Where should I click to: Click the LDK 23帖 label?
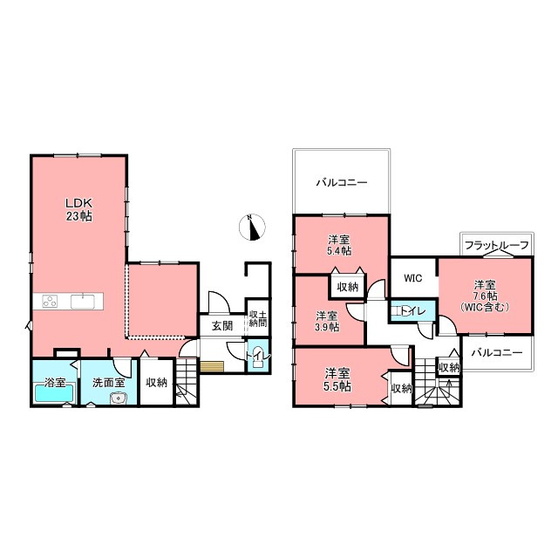coord(79,209)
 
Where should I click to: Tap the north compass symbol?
coord(252,228)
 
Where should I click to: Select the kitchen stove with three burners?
coord(51,301)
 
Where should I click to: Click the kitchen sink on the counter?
coord(83,302)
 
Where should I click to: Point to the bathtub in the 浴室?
coord(54,393)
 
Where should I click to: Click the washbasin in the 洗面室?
coord(117,398)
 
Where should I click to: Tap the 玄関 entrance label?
coord(222,325)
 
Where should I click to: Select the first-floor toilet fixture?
coord(258,358)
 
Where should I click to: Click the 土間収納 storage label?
coord(258,319)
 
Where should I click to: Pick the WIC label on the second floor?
coord(412,278)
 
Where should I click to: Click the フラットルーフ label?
coord(497,246)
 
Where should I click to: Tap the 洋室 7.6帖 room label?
coord(485,296)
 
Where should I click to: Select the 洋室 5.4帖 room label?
coord(339,245)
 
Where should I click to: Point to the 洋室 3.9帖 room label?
coord(327,322)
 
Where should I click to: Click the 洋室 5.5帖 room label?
coord(337,380)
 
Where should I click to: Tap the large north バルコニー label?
coord(342,183)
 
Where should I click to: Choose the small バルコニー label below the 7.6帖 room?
coord(497,352)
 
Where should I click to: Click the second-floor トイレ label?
coord(413,312)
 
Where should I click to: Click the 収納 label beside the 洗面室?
coord(157,383)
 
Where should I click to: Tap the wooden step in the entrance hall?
coord(212,366)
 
